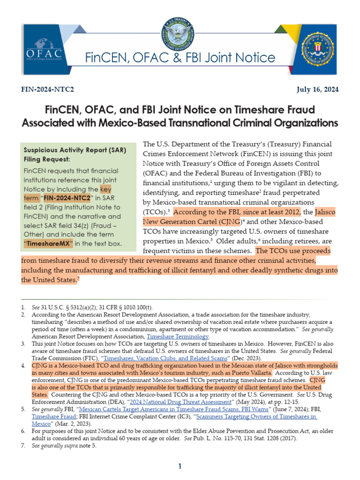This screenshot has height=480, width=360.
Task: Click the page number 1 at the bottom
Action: (179, 466)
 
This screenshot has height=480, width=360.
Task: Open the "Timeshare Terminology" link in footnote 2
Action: (178, 337)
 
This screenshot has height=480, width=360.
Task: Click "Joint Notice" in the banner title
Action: (244, 58)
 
